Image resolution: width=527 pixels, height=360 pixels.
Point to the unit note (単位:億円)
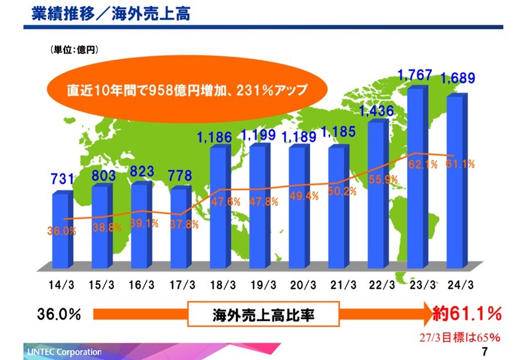[x=75, y=50]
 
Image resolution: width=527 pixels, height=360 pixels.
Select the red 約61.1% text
[x=467, y=314]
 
